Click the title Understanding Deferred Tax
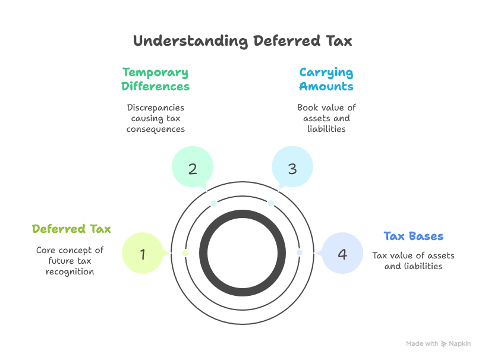(242, 41)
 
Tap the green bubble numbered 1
(143, 254)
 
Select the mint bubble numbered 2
(193, 168)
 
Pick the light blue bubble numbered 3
(292, 168)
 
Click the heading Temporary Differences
(155, 80)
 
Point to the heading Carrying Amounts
(326, 80)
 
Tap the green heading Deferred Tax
(71, 229)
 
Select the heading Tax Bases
(414, 236)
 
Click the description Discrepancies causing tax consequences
(155, 118)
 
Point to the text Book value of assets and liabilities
(326, 118)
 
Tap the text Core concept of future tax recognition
(70, 261)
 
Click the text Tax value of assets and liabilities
(414, 261)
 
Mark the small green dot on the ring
(185, 253)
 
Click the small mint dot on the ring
(214, 204)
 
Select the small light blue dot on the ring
(271, 203)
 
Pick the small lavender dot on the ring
(300, 252)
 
